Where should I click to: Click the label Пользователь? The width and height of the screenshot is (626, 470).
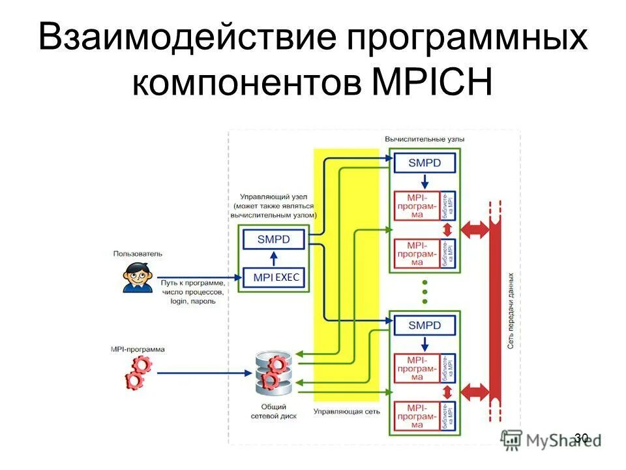[138, 253]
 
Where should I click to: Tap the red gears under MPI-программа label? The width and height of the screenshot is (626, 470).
[138, 373]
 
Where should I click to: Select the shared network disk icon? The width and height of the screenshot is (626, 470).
[273, 373]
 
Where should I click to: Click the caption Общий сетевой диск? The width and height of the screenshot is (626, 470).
[273, 411]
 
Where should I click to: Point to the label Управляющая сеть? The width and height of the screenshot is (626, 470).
[346, 411]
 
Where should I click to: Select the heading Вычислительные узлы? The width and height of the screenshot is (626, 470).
[425, 139]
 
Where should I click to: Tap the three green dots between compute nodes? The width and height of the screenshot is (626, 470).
[425, 292]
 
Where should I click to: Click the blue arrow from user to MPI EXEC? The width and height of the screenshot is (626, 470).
[196, 277]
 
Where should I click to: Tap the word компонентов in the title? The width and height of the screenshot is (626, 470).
[246, 83]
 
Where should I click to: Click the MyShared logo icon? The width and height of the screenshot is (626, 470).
[511, 439]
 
